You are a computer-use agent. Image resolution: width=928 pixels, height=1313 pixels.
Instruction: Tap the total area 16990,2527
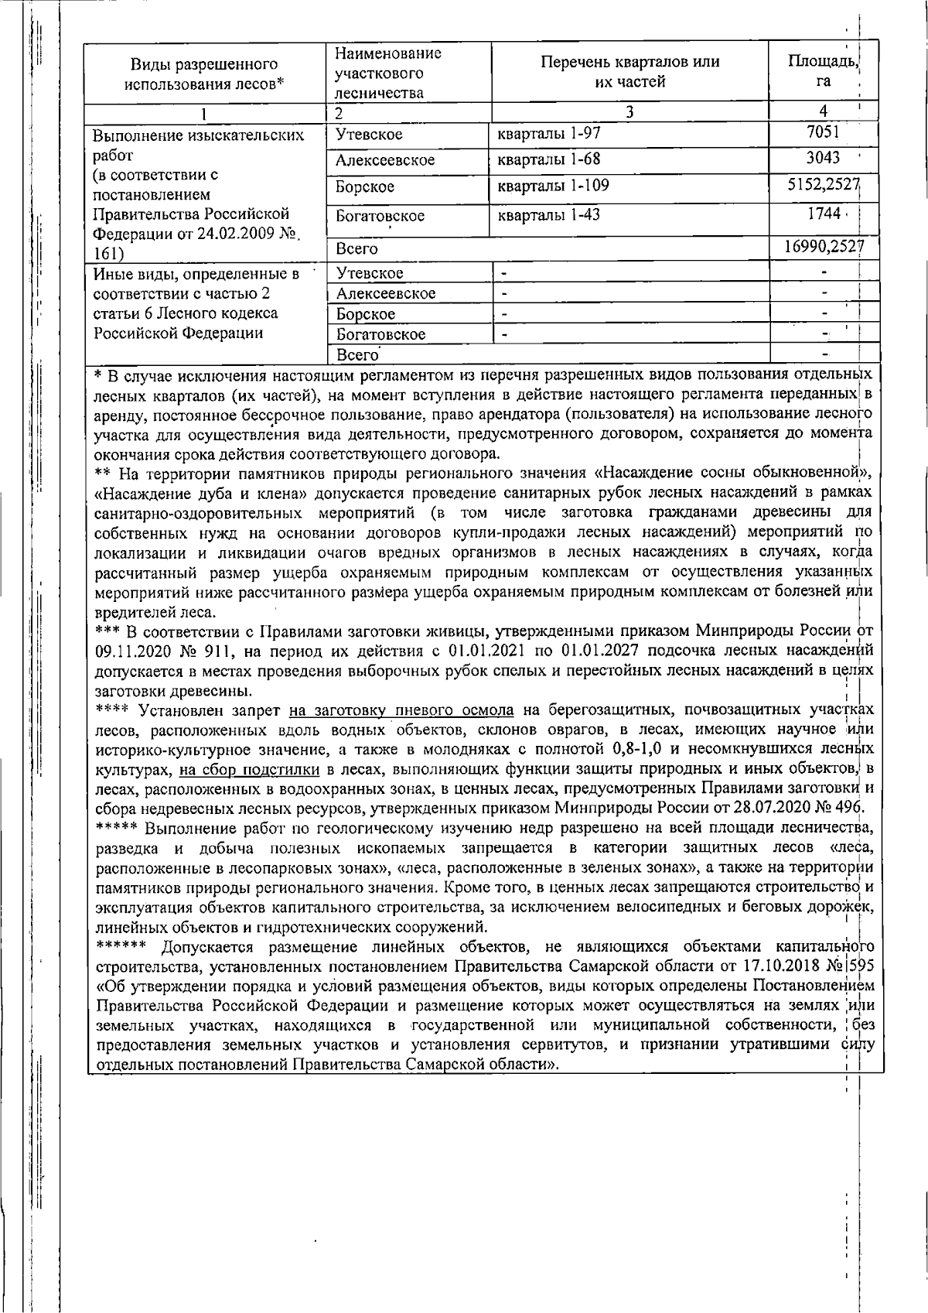821,248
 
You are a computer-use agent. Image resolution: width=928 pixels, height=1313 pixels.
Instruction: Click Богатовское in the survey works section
380,216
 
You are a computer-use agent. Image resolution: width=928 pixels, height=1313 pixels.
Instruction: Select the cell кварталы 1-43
548,215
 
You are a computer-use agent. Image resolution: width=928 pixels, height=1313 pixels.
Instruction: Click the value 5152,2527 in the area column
821,186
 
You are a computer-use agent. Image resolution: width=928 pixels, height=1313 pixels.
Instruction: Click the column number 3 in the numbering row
629,112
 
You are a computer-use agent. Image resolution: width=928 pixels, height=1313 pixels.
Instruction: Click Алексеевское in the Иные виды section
386,293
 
